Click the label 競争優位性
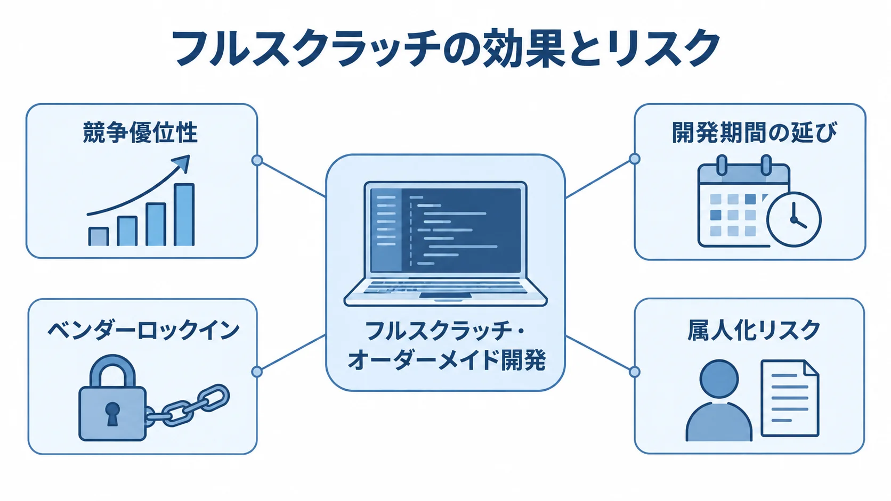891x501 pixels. tap(140, 133)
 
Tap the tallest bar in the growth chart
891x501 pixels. tap(184, 215)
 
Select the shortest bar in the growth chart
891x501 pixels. tap(98, 236)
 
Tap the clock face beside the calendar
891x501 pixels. tap(793, 220)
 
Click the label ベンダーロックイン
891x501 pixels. tap(143, 331)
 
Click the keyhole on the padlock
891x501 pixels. tap(112, 414)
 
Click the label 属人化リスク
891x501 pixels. tap(754, 330)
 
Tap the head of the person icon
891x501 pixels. tap(719, 379)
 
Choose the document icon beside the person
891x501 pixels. tap(790, 398)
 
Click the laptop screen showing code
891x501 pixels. tap(446, 231)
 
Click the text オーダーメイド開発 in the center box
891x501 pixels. tap(446, 360)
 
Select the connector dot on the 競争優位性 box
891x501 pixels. tap(257, 160)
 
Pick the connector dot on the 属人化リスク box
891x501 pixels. tap(635, 372)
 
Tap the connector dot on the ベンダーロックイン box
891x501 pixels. tap(257, 372)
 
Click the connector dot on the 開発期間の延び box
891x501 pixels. tap(635, 159)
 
